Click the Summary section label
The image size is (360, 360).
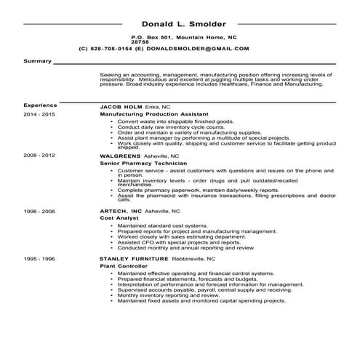37,61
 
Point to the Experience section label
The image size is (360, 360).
40,105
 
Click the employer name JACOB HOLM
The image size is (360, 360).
121,106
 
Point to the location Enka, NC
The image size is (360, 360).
158,106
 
